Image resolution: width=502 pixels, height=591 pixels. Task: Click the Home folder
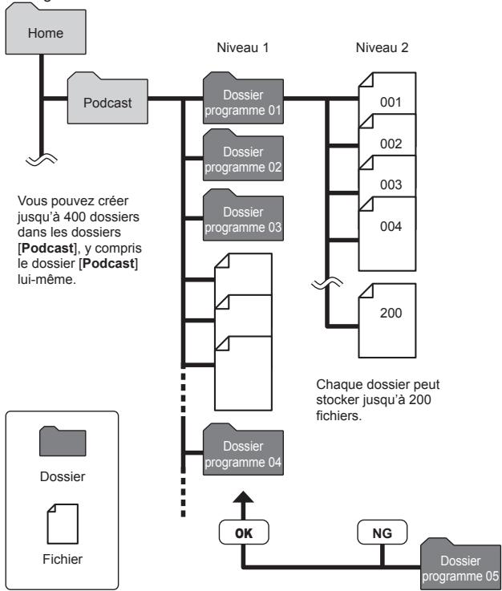(x=46, y=30)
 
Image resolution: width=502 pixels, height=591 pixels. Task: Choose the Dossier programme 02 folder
(x=243, y=156)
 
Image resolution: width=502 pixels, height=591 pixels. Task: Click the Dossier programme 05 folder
(x=460, y=565)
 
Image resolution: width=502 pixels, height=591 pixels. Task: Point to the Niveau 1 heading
(x=243, y=47)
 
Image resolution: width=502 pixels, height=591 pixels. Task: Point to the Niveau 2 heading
(x=382, y=47)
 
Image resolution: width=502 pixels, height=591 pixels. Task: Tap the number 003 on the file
(x=391, y=184)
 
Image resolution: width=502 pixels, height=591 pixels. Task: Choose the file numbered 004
(x=387, y=233)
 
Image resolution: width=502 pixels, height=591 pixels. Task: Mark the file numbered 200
(x=387, y=321)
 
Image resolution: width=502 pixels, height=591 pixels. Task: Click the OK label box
(x=244, y=532)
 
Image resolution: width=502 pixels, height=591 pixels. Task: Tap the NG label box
(x=383, y=532)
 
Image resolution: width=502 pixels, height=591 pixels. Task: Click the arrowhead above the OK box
(x=243, y=496)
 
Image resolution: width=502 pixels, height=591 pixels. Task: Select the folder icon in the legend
(x=63, y=441)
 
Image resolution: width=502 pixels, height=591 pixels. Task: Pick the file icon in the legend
(x=63, y=524)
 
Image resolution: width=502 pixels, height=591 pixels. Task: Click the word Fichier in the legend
(x=63, y=559)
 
